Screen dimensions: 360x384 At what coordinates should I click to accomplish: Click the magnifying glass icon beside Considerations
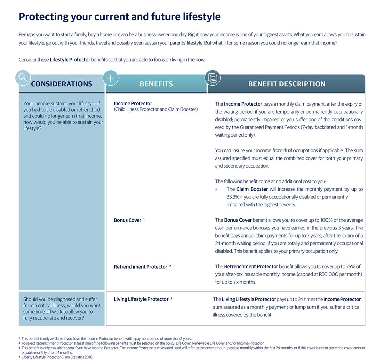(x=23, y=77)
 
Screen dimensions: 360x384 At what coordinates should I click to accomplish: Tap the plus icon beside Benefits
(x=110, y=78)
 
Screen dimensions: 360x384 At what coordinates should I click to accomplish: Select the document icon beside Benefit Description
(x=212, y=78)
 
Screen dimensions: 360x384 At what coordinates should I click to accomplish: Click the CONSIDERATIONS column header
(x=61, y=84)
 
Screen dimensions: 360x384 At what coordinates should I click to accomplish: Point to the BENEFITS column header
(x=156, y=84)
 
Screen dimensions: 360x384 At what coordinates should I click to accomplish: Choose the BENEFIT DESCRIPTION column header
(x=287, y=84)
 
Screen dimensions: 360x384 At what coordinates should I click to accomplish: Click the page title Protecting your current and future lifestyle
(x=119, y=16)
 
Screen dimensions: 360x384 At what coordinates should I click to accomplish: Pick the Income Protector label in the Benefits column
(x=133, y=103)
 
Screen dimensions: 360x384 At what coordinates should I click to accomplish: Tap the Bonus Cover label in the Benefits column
(x=127, y=220)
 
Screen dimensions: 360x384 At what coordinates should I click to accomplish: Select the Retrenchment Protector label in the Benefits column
(x=140, y=267)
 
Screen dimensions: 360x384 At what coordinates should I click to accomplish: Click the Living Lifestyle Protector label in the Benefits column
(x=141, y=299)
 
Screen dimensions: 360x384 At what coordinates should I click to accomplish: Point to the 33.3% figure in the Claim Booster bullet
(x=233, y=197)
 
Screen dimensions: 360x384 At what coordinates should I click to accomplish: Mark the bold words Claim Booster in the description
(x=252, y=189)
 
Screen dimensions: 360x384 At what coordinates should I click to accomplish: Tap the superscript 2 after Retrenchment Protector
(x=170, y=266)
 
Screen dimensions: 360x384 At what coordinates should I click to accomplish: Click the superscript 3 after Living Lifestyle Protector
(x=171, y=298)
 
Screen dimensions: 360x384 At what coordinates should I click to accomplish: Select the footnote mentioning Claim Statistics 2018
(x=57, y=357)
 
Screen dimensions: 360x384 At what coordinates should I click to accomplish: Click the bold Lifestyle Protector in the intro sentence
(x=70, y=60)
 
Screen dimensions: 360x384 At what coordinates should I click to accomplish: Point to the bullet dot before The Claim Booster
(x=216, y=189)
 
